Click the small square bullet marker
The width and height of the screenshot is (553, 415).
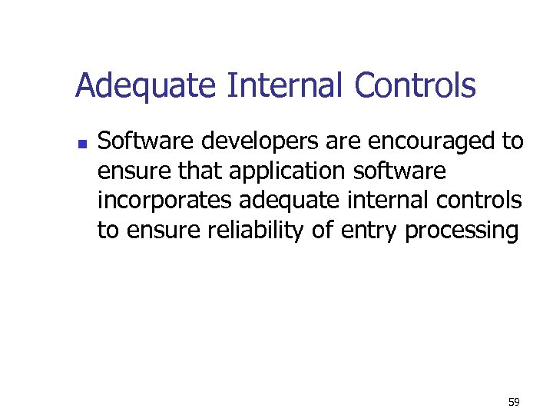tap(82, 144)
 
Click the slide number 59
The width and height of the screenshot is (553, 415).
tap(514, 402)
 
